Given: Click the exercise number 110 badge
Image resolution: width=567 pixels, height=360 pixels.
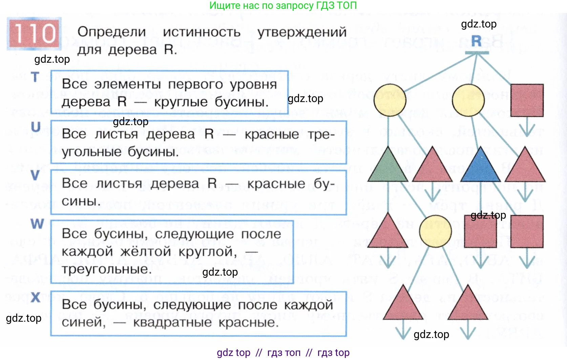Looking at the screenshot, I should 34,34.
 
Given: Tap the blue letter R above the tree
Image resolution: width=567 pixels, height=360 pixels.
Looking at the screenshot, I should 476,41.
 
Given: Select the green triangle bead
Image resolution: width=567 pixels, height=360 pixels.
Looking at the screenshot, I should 388,166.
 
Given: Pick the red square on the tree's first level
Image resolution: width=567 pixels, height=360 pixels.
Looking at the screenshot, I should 527,100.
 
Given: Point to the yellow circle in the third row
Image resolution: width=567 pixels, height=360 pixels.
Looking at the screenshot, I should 435,231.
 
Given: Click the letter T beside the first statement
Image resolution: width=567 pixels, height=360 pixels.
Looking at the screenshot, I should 35,77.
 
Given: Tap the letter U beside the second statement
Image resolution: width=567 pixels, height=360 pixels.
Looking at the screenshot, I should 36,127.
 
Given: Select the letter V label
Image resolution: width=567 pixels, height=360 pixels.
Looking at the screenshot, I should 35,176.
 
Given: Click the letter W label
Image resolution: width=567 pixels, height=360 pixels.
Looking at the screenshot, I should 37,224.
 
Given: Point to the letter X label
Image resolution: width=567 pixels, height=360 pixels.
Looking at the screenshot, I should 36,298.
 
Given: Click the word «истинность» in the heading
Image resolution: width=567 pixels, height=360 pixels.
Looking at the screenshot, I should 202,32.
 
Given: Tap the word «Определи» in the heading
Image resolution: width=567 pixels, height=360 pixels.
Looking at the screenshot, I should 112,32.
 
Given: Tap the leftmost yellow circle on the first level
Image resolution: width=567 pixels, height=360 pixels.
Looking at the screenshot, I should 390,100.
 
